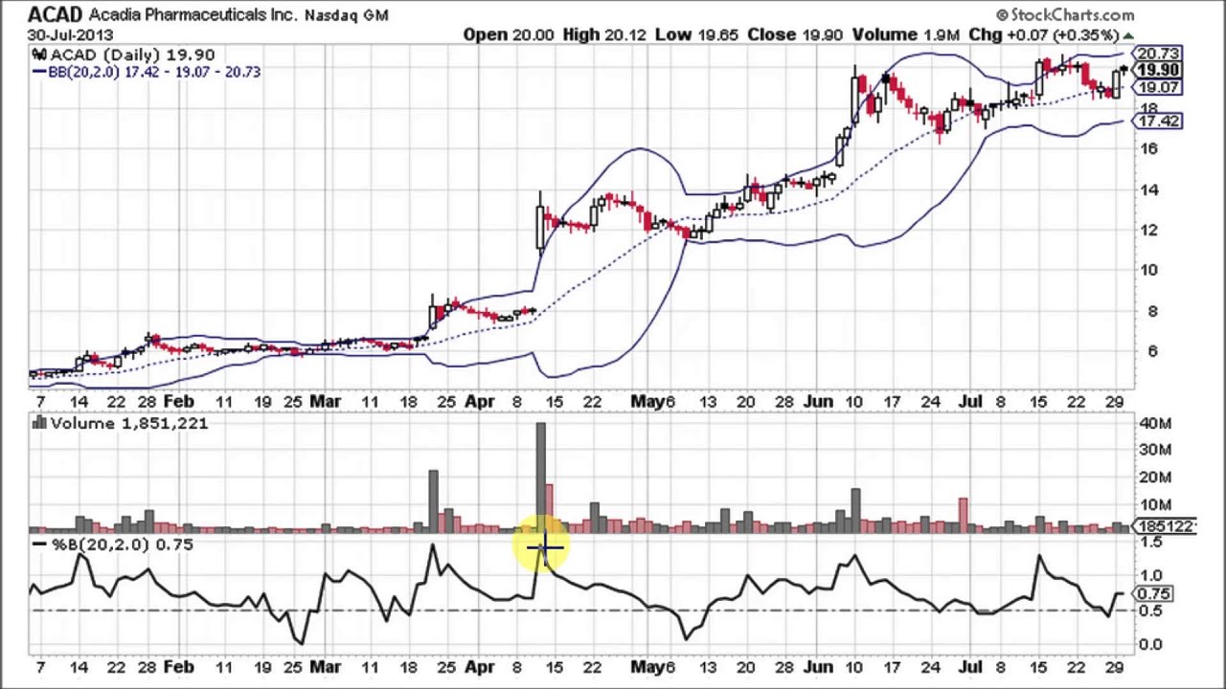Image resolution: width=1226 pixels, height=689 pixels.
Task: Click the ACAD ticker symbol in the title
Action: coord(55,14)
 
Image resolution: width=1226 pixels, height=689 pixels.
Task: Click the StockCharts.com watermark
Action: coord(1065,14)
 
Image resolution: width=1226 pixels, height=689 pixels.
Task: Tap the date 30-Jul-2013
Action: coord(71,34)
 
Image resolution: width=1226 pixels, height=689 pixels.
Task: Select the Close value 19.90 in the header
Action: coord(823,34)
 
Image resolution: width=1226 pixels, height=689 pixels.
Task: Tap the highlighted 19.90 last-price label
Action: coord(1158,71)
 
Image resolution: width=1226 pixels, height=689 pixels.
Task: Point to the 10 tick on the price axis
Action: coord(1147,270)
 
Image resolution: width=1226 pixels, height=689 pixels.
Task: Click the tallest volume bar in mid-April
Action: coord(540,474)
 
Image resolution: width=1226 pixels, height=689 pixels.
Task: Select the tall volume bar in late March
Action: coord(433,498)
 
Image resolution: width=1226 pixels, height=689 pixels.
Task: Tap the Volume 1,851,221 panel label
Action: coord(128,423)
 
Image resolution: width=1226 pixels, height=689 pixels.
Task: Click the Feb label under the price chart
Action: coord(178,402)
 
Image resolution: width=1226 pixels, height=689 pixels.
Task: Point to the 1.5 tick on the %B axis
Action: coord(1150,544)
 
